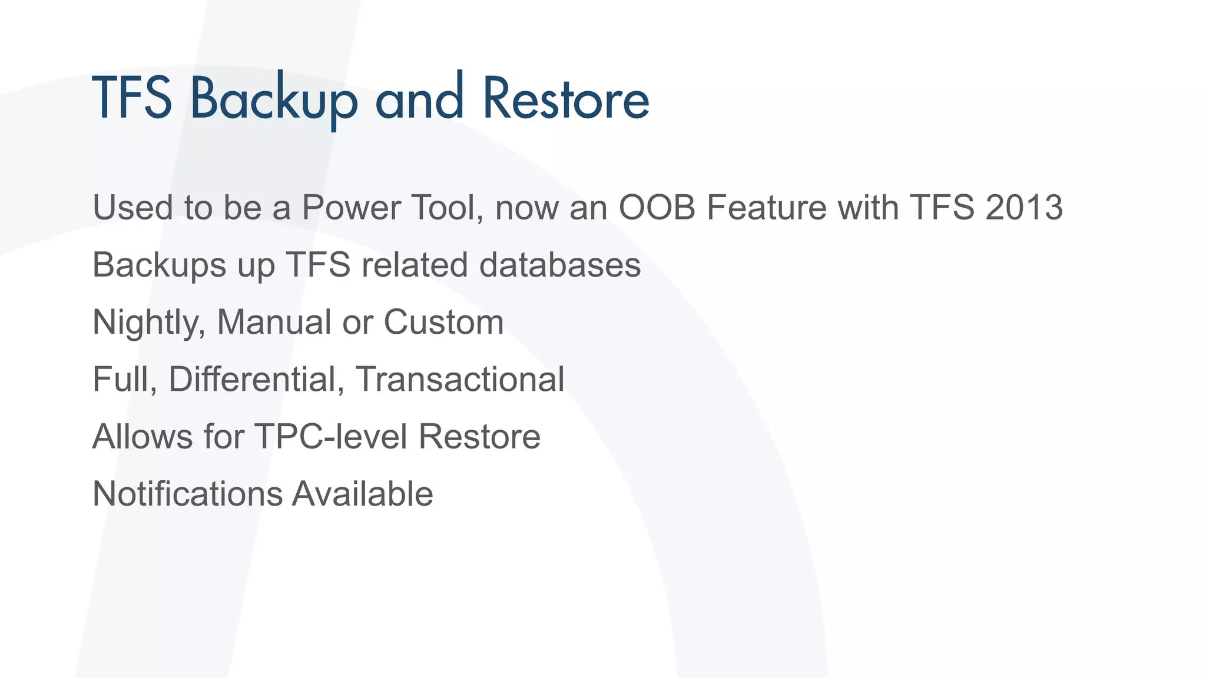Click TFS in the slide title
click(132, 98)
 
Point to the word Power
click(351, 208)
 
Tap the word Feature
click(766, 208)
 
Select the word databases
click(559, 265)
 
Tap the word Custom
click(443, 323)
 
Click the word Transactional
click(460, 379)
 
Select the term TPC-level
click(331, 437)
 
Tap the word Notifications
click(187, 494)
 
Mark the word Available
click(363, 494)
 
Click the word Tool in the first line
click(448, 208)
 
